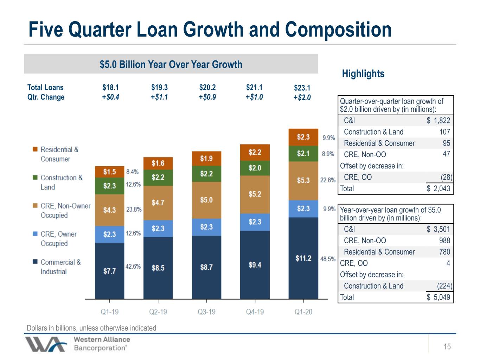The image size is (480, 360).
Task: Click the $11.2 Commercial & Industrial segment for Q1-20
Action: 303,258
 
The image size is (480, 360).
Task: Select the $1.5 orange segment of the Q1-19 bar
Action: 110,172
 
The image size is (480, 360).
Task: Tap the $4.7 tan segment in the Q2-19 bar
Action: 158,203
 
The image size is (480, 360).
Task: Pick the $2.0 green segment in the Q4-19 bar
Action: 255,168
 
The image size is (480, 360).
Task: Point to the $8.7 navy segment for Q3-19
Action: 207,267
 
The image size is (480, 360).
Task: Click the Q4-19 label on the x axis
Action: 255,312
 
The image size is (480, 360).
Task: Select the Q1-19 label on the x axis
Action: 110,312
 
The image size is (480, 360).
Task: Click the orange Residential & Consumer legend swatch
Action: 35,149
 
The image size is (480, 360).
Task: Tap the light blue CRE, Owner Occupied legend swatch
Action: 35,234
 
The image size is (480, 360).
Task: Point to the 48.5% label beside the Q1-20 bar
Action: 328,259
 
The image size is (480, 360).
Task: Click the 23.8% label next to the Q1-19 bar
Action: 134,210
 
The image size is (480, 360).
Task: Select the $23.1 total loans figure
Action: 302,88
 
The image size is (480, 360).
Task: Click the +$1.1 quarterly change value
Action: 159,97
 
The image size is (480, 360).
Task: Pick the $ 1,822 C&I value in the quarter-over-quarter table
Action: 439,121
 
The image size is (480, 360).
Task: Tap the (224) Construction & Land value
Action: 444,286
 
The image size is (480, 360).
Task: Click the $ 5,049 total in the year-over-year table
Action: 439,297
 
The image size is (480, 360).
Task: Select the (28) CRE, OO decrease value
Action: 447,177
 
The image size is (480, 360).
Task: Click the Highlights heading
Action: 363,74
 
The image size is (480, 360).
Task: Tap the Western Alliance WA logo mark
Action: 45,344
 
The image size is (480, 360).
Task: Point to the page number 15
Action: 447,347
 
